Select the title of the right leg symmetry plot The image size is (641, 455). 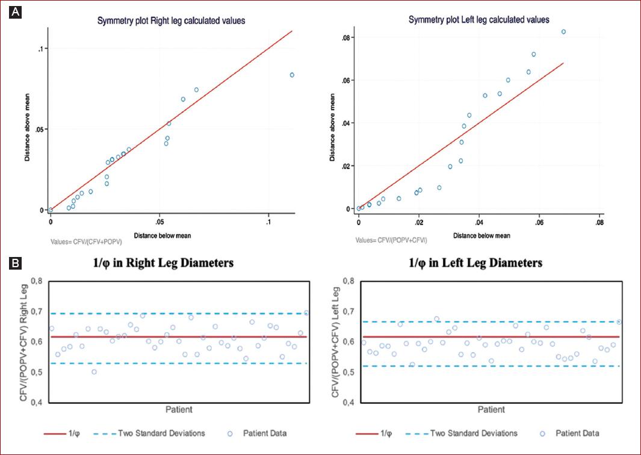[x=172, y=21]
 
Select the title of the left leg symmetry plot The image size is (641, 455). [x=478, y=20]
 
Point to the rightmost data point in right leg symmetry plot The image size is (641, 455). [x=292, y=75]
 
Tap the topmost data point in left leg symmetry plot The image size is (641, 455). [x=564, y=32]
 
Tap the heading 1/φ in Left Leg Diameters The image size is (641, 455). [x=475, y=263]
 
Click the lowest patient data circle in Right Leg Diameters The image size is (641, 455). [x=94, y=371]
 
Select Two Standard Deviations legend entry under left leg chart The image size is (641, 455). [x=474, y=433]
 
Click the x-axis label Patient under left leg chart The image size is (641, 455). [x=492, y=410]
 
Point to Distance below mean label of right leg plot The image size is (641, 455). [x=163, y=235]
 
